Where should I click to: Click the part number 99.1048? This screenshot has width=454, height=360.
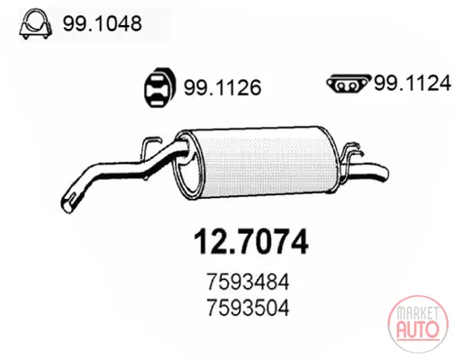click(102, 23)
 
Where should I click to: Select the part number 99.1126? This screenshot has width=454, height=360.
click(222, 87)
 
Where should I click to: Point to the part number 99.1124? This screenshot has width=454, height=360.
click(413, 83)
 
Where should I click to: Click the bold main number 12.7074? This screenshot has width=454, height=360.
click(251, 242)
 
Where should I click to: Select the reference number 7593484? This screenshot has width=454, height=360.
click(248, 282)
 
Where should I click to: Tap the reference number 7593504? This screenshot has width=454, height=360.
click(248, 308)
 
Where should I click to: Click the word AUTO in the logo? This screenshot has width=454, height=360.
click(418, 329)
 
